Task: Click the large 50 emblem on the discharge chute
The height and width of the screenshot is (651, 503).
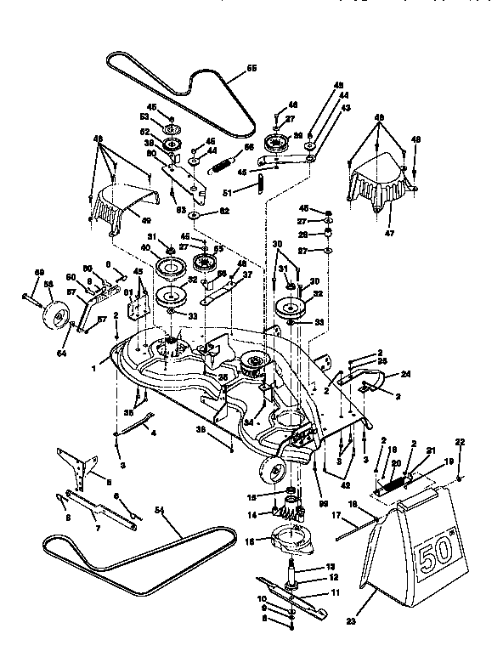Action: tap(439, 557)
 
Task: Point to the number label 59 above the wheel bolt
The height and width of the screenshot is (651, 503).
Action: tap(38, 273)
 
